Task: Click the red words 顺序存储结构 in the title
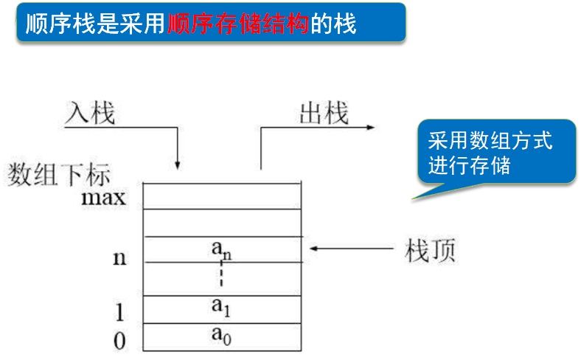tap(237, 24)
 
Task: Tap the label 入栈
tap(90, 113)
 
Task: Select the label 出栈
tap(324, 113)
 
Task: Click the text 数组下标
tap(59, 175)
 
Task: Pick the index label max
tap(104, 198)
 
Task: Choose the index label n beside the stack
tap(118, 257)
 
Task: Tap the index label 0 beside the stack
tap(119, 340)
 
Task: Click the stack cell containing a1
tap(222, 308)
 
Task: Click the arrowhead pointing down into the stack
tap(178, 162)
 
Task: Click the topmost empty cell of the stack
tap(222, 195)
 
